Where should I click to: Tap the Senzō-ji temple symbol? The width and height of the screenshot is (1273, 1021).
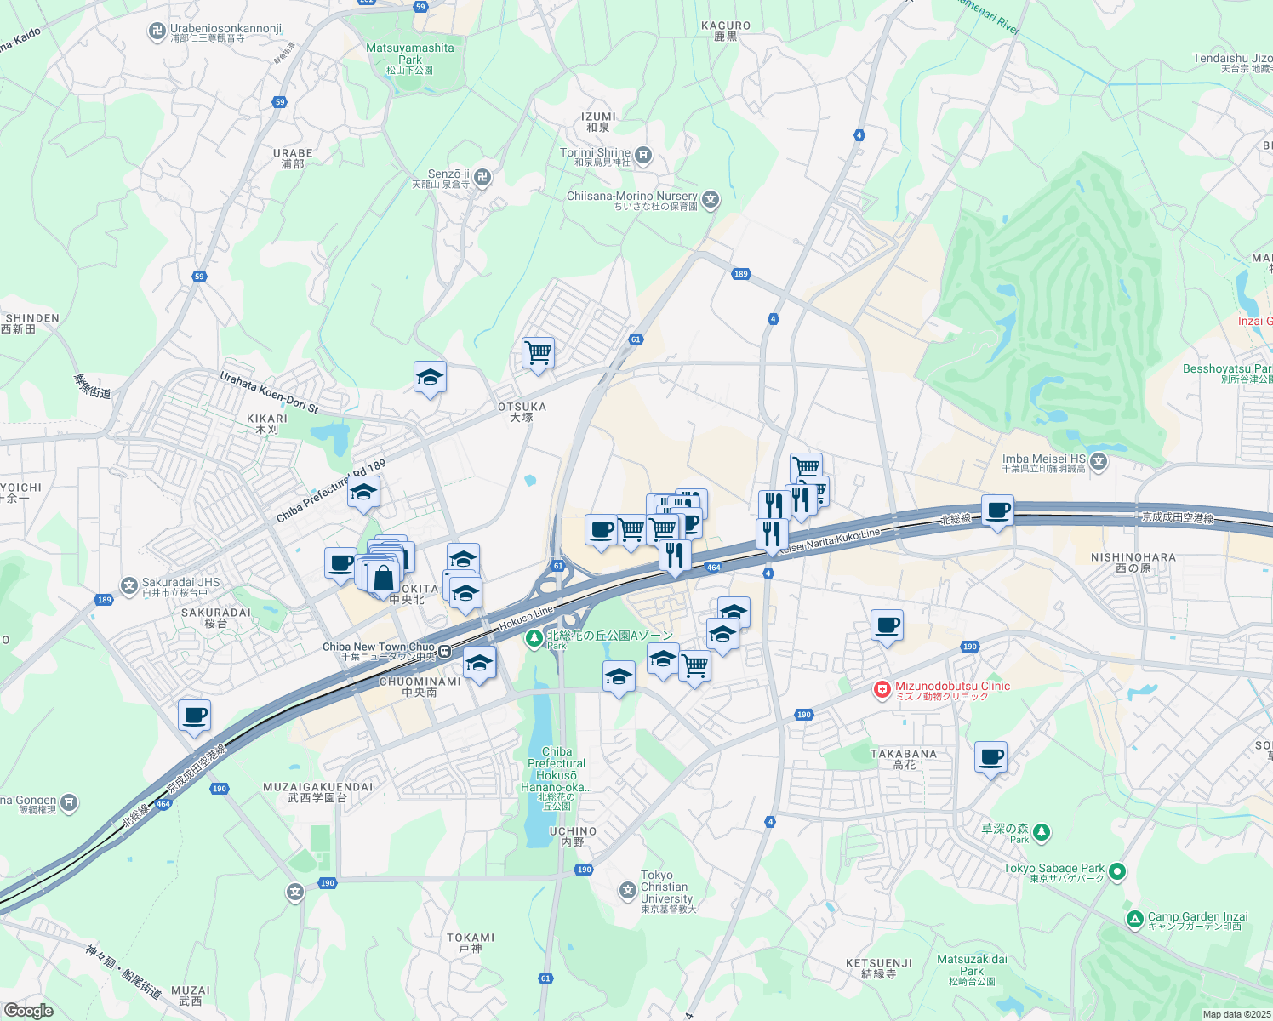point(482,176)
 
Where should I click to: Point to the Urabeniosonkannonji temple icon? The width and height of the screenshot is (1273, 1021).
point(157,32)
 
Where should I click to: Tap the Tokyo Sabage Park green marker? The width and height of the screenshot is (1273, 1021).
point(1118,871)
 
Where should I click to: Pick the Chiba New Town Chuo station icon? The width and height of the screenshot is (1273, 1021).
point(445,653)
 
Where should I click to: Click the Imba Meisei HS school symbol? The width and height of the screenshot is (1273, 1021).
point(1099,462)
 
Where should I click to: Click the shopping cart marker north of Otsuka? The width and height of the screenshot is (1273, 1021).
point(538,351)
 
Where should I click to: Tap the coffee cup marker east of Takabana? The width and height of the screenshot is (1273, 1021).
point(990,756)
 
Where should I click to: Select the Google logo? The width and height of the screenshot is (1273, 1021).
point(28,1010)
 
